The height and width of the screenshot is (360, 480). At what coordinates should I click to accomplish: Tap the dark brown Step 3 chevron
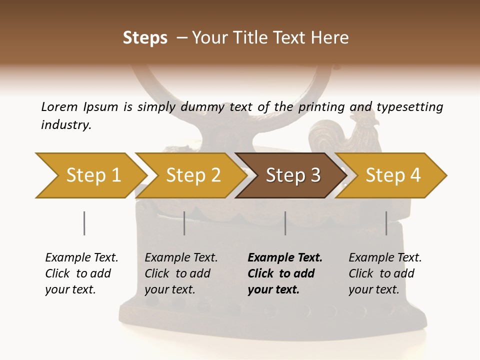coord(292,175)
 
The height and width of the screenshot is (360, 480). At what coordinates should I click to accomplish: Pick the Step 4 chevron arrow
coord(392,175)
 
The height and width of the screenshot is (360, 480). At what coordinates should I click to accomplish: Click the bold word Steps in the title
coord(145,37)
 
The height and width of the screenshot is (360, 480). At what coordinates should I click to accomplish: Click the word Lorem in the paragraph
coord(59,106)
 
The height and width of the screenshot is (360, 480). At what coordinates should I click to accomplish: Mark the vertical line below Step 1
coord(84,223)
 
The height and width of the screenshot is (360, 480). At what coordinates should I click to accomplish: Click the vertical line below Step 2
coord(184,223)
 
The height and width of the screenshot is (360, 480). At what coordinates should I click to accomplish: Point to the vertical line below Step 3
coord(285,223)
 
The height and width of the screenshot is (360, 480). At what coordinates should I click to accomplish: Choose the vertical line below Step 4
coord(386,223)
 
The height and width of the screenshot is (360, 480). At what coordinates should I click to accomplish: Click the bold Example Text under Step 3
coord(285,257)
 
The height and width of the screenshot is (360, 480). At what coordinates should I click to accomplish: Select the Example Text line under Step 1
coord(81,257)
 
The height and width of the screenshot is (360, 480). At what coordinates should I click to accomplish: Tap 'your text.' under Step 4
coord(373,289)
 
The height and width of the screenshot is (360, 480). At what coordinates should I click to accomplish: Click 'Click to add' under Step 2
coord(177,273)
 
